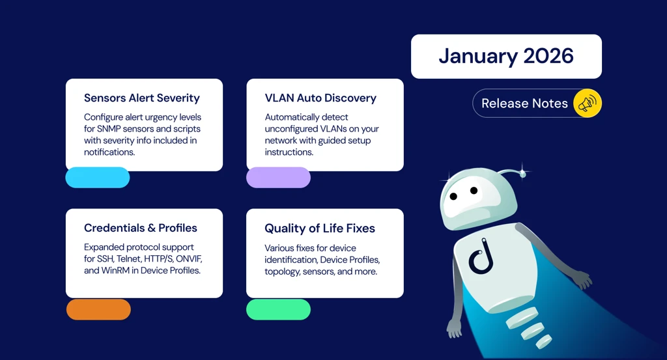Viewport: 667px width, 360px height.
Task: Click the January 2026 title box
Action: (x=506, y=57)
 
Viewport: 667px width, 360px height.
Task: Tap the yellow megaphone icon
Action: (x=587, y=103)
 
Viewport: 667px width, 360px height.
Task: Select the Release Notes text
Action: (x=524, y=103)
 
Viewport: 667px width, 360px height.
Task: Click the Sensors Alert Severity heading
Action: (x=142, y=98)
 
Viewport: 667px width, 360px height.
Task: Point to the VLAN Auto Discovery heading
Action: (x=320, y=98)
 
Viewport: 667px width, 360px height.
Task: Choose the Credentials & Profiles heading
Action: (x=141, y=228)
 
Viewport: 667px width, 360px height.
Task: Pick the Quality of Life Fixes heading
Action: (x=320, y=228)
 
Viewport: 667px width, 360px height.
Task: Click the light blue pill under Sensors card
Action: (x=98, y=177)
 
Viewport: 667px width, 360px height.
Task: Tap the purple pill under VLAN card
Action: (x=278, y=177)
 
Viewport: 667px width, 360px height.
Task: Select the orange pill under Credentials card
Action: (x=98, y=309)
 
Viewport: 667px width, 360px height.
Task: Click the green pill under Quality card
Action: (x=278, y=309)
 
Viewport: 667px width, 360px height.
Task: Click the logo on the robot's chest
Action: (x=481, y=256)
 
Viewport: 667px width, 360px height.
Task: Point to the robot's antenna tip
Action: (x=521, y=173)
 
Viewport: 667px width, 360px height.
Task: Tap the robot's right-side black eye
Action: (x=474, y=191)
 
